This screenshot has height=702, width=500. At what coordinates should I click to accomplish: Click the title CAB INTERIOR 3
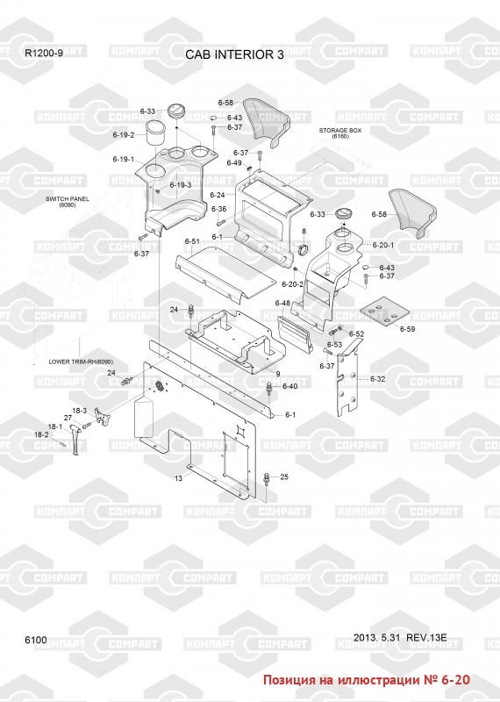coord(234,54)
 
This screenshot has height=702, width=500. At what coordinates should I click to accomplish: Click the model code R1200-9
coord(44,53)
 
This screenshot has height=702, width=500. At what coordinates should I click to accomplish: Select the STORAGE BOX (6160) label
coord(340,133)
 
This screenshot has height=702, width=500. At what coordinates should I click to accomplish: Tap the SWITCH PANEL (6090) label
coord(68,202)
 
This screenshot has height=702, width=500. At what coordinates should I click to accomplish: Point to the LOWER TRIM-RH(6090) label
coord(81,362)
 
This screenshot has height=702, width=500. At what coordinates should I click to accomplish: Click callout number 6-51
coord(192,242)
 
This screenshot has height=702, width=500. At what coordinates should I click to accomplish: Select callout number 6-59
coord(407,329)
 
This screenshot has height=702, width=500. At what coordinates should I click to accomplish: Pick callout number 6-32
coord(377,379)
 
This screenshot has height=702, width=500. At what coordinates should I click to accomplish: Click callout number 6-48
coord(282,303)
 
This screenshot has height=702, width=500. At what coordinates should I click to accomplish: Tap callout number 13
coord(178,478)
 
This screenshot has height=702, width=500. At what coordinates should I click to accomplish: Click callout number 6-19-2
coord(124,135)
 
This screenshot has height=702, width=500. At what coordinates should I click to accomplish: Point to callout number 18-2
coord(41,434)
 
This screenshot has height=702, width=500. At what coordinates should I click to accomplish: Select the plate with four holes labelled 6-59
coord(384,312)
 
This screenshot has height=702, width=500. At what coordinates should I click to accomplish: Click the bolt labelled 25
coord(267,478)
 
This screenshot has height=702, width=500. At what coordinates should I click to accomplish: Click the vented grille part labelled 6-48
coord(293,332)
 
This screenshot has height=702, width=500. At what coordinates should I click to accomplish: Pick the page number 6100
coord(36,640)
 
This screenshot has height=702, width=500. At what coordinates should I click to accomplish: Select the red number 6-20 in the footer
coord(455,679)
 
